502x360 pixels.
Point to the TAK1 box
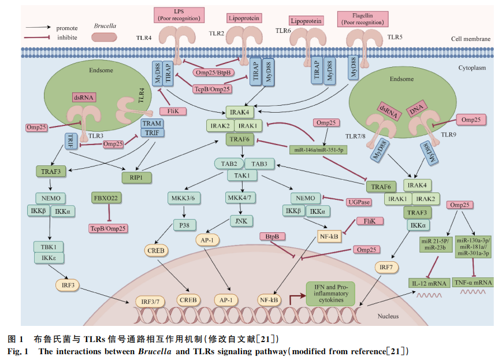coord(242,175)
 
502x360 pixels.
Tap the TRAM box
coord(151,123)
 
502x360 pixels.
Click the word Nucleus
coord(388,316)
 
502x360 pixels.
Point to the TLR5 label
coord(395,37)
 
